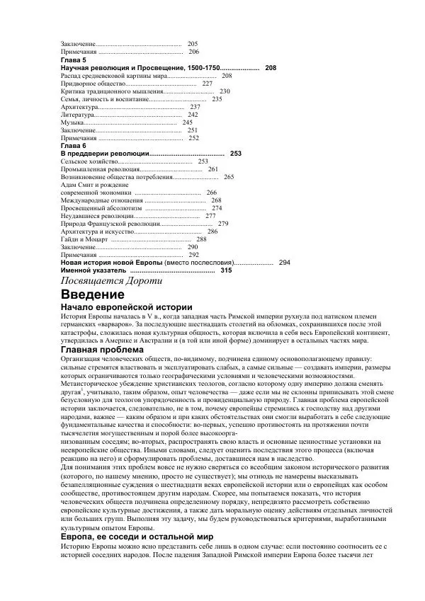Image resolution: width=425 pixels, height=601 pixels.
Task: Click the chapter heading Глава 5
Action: pyautogui.click(x=74, y=60)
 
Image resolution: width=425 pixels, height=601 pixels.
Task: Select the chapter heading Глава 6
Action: pyautogui.click(x=74, y=146)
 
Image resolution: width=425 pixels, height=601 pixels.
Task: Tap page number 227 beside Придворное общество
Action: pyautogui.click(x=208, y=84)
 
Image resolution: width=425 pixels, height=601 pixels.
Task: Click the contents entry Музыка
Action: pyautogui.click(x=73, y=122)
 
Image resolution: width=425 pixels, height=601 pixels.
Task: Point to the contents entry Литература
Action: pyautogui.click(x=77, y=115)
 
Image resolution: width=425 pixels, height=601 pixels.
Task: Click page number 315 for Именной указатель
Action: pyautogui.click(x=226, y=270)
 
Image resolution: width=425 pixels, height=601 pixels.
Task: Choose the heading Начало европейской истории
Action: pyautogui.click(x=127, y=307)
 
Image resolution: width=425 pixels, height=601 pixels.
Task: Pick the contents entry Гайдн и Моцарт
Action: pyautogui.click(x=84, y=239)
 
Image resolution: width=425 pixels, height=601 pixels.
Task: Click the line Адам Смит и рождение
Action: pyautogui.click(x=94, y=185)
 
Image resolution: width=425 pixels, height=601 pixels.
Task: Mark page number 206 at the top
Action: pyautogui.click(x=194, y=52)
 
